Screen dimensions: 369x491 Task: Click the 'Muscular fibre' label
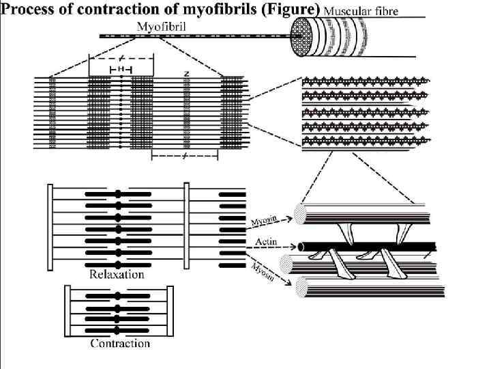pos(361,11)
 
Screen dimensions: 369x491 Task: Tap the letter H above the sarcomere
pos(121,70)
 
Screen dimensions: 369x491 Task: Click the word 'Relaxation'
pos(117,274)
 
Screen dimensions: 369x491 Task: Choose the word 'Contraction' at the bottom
pos(120,343)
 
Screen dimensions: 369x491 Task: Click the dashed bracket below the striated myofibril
pos(183,156)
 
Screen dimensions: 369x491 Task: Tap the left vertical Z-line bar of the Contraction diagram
pos(67,311)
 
